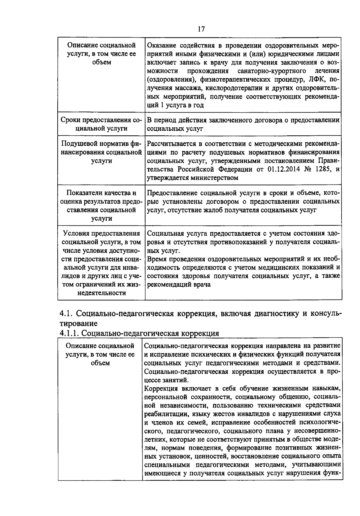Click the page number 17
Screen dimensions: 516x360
201,29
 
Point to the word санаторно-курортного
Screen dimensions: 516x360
271,71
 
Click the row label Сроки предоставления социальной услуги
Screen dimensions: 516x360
101,124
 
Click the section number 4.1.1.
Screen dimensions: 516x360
69,333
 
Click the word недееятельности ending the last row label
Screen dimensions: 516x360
101,293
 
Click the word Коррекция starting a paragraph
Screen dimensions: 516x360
161,389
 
